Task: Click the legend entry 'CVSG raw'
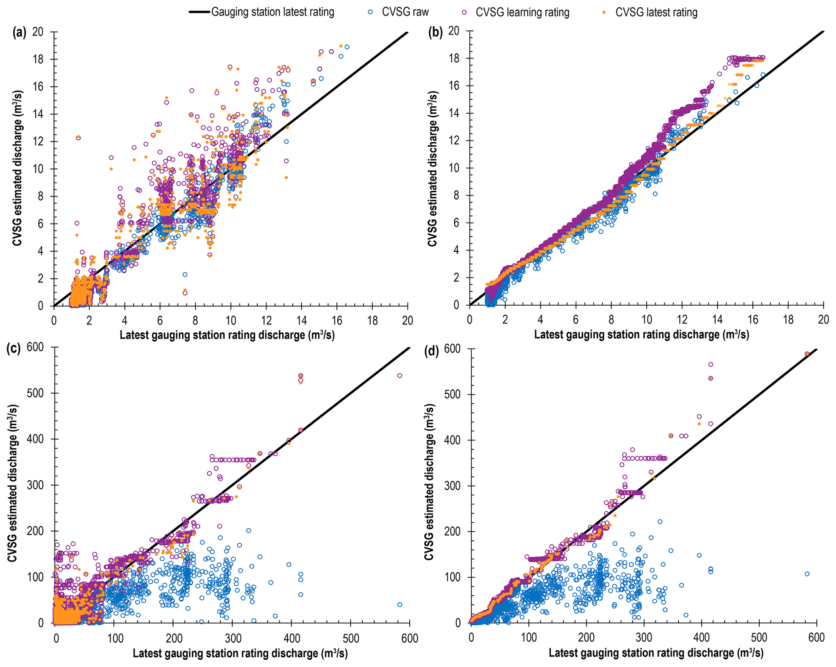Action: (x=405, y=12)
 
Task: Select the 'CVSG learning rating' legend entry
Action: (x=522, y=12)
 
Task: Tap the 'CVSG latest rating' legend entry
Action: (x=656, y=12)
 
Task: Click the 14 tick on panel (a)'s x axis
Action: (x=301, y=321)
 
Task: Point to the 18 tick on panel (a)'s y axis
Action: (x=38, y=59)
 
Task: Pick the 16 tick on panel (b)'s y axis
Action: (x=454, y=86)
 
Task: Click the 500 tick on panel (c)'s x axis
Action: (x=351, y=638)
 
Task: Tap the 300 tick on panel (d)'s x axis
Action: (x=643, y=637)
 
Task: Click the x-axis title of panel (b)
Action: (x=641, y=335)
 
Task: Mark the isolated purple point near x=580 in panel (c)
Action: (x=400, y=376)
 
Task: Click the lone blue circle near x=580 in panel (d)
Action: (x=807, y=574)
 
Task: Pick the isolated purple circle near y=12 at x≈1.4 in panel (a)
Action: (x=78, y=138)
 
